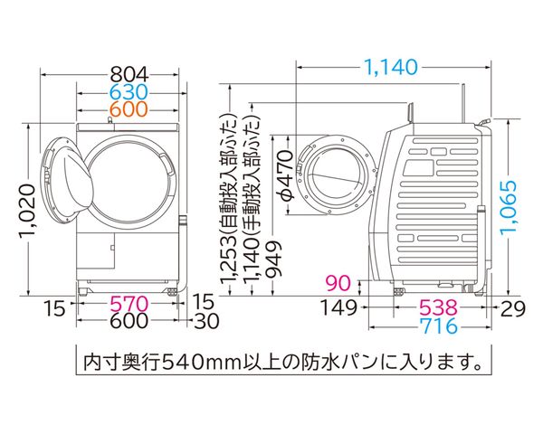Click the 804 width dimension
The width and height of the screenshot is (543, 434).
[x=129, y=74]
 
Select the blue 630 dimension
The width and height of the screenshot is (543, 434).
[x=129, y=92]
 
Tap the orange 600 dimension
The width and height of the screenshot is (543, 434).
[x=129, y=109]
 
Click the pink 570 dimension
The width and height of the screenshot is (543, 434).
[x=129, y=304]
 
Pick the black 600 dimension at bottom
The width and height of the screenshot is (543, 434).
[x=129, y=320]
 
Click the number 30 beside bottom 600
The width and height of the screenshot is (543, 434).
[x=206, y=321]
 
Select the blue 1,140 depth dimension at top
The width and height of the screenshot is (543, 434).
[x=391, y=67]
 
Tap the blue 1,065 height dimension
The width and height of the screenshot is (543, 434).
[x=509, y=207]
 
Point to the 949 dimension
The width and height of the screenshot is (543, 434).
[x=273, y=259]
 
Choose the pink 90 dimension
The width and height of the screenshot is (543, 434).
[x=338, y=283]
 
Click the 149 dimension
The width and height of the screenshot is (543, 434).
[x=338, y=307]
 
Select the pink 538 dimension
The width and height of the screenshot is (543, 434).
[x=438, y=307]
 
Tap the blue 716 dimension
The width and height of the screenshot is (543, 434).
[x=438, y=325]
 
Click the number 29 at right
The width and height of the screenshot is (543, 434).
[x=513, y=308]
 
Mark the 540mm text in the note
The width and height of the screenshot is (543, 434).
[x=201, y=363]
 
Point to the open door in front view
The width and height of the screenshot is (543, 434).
[x=68, y=179]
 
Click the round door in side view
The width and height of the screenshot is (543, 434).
[x=337, y=175]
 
